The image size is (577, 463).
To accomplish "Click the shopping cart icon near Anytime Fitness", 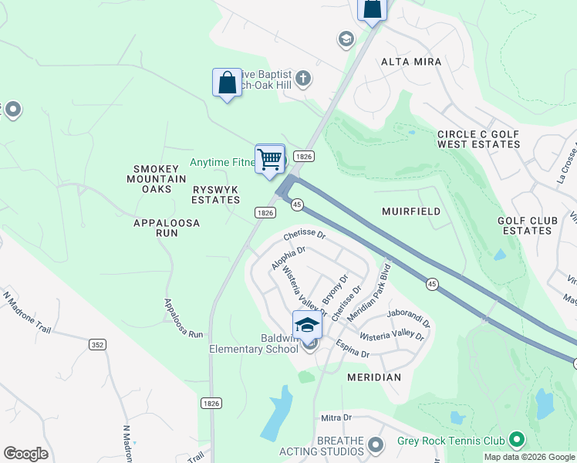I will point(269,160).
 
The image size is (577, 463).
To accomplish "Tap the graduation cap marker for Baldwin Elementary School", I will point(307,325).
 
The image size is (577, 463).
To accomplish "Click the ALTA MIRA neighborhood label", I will point(411,62).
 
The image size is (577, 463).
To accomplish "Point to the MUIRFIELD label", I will point(411,211).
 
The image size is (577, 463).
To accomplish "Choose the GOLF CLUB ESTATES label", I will point(527,226).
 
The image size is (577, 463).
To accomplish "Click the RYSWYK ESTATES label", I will point(216,194).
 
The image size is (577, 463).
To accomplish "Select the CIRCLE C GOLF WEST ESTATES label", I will point(478,139).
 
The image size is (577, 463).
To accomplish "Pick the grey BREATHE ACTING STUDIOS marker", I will point(376,444).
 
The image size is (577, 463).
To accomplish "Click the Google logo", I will point(25,454).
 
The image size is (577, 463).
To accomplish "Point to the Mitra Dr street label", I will point(336,417).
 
